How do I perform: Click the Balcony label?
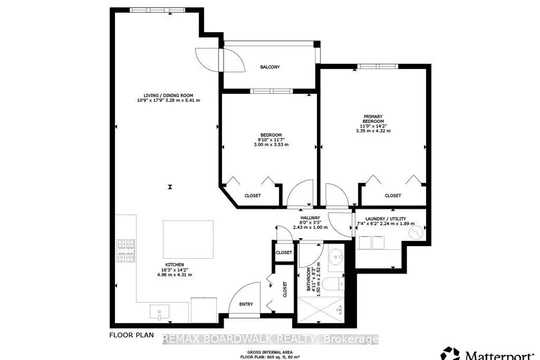tap(270, 67)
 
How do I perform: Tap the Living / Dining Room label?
tap(168, 95)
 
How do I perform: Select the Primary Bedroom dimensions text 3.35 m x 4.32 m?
tap(373, 131)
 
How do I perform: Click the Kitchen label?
tap(175, 265)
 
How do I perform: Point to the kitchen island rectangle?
tap(188, 239)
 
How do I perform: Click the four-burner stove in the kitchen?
tap(126, 251)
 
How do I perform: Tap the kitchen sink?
tap(159, 312)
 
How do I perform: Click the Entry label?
tap(246, 304)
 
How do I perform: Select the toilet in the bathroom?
tap(333, 284)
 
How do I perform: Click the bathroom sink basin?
tap(336, 257)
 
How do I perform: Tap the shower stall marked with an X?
tap(321, 310)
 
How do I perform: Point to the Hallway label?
tap(310, 218)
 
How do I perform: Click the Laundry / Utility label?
tap(386, 219)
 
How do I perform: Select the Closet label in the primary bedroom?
tap(393, 195)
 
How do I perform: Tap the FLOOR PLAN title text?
tap(131, 335)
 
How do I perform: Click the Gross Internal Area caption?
tap(270, 352)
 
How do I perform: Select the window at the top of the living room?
tap(157, 10)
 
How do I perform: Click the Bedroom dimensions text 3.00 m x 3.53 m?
tap(271, 145)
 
